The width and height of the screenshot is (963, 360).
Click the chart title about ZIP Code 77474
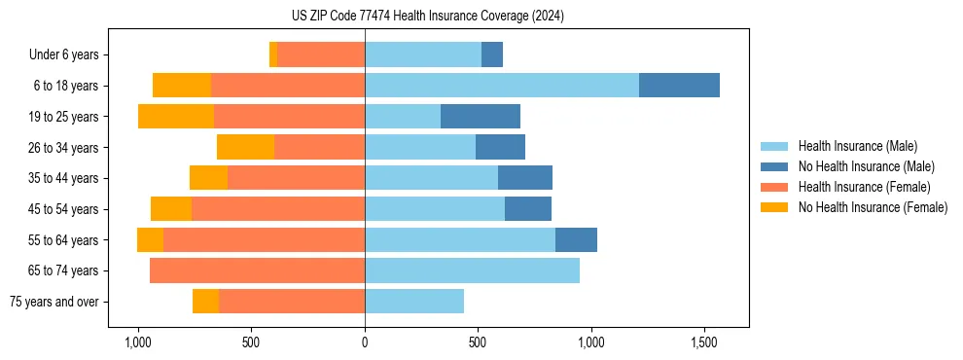427,17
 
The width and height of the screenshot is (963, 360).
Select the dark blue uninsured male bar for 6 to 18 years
679,86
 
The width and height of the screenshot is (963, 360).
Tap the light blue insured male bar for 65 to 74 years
472,270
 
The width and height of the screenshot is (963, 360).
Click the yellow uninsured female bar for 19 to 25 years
176,117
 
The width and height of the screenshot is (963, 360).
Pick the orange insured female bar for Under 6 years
321,54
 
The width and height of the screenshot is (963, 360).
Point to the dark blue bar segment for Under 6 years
492,54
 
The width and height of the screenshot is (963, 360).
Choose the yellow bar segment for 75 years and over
205,302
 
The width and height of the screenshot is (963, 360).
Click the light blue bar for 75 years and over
414,302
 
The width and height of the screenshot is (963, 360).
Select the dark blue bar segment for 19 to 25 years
481,117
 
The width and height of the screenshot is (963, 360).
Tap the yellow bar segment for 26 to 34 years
245,147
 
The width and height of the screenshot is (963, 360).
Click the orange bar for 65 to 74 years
257,270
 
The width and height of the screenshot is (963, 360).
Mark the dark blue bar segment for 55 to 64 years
576,240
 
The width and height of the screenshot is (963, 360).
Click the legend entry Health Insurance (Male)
857,146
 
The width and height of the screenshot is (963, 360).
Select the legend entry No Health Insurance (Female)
873,207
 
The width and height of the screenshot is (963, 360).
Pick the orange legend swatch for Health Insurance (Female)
774,187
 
